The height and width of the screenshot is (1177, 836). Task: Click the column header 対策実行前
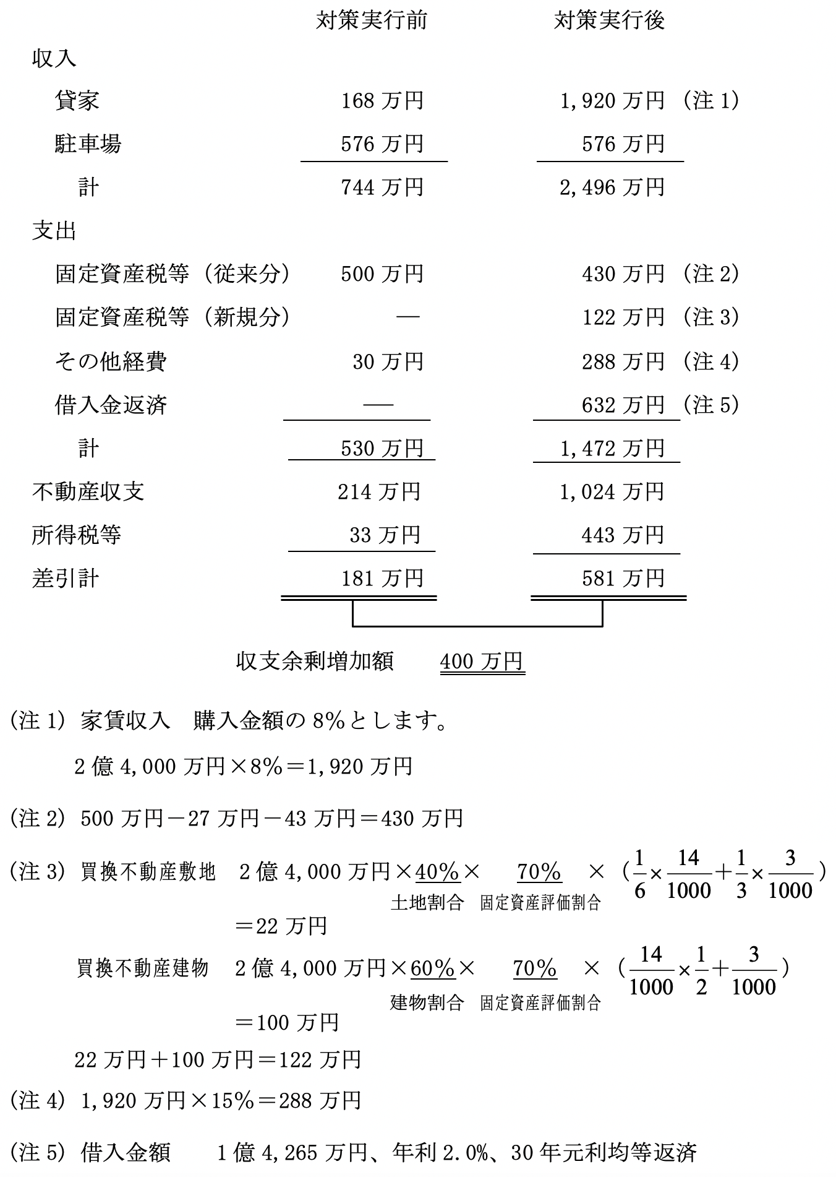click(x=371, y=21)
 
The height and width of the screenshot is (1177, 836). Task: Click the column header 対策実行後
click(x=609, y=21)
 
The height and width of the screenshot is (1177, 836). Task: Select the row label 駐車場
click(x=88, y=144)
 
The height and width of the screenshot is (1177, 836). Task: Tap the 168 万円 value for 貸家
click(x=382, y=101)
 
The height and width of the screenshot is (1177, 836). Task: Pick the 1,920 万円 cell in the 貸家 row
click(x=612, y=101)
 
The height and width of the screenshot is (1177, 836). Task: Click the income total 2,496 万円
click(x=612, y=188)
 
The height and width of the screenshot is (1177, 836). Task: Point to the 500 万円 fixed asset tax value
click(x=382, y=274)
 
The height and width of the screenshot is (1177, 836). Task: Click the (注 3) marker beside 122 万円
click(x=712, y=317)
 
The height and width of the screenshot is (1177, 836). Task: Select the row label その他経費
click(x=111, y=361)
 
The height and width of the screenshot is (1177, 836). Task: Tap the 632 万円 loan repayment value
click(x=623, y=405)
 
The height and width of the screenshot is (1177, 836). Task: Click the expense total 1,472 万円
click(x=612, y=449)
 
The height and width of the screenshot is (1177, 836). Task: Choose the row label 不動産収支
click(x=88, y=492)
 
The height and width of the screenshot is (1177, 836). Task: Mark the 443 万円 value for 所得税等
click(x=623, y=535)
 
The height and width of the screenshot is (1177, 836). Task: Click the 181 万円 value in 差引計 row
click(x=382, y=579)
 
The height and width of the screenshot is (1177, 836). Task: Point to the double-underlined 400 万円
click(x=482, y=662)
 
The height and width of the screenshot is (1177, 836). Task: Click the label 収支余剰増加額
click(x=315, y=662)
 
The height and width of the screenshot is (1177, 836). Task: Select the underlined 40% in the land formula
click(x=437, y=872)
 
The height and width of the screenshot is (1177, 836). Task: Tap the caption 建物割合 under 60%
click(x=427, y=1002)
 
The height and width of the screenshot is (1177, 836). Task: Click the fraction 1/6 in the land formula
click(x=639, y=873)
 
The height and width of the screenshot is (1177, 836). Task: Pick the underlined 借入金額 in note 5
click(x=126, y=1152)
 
